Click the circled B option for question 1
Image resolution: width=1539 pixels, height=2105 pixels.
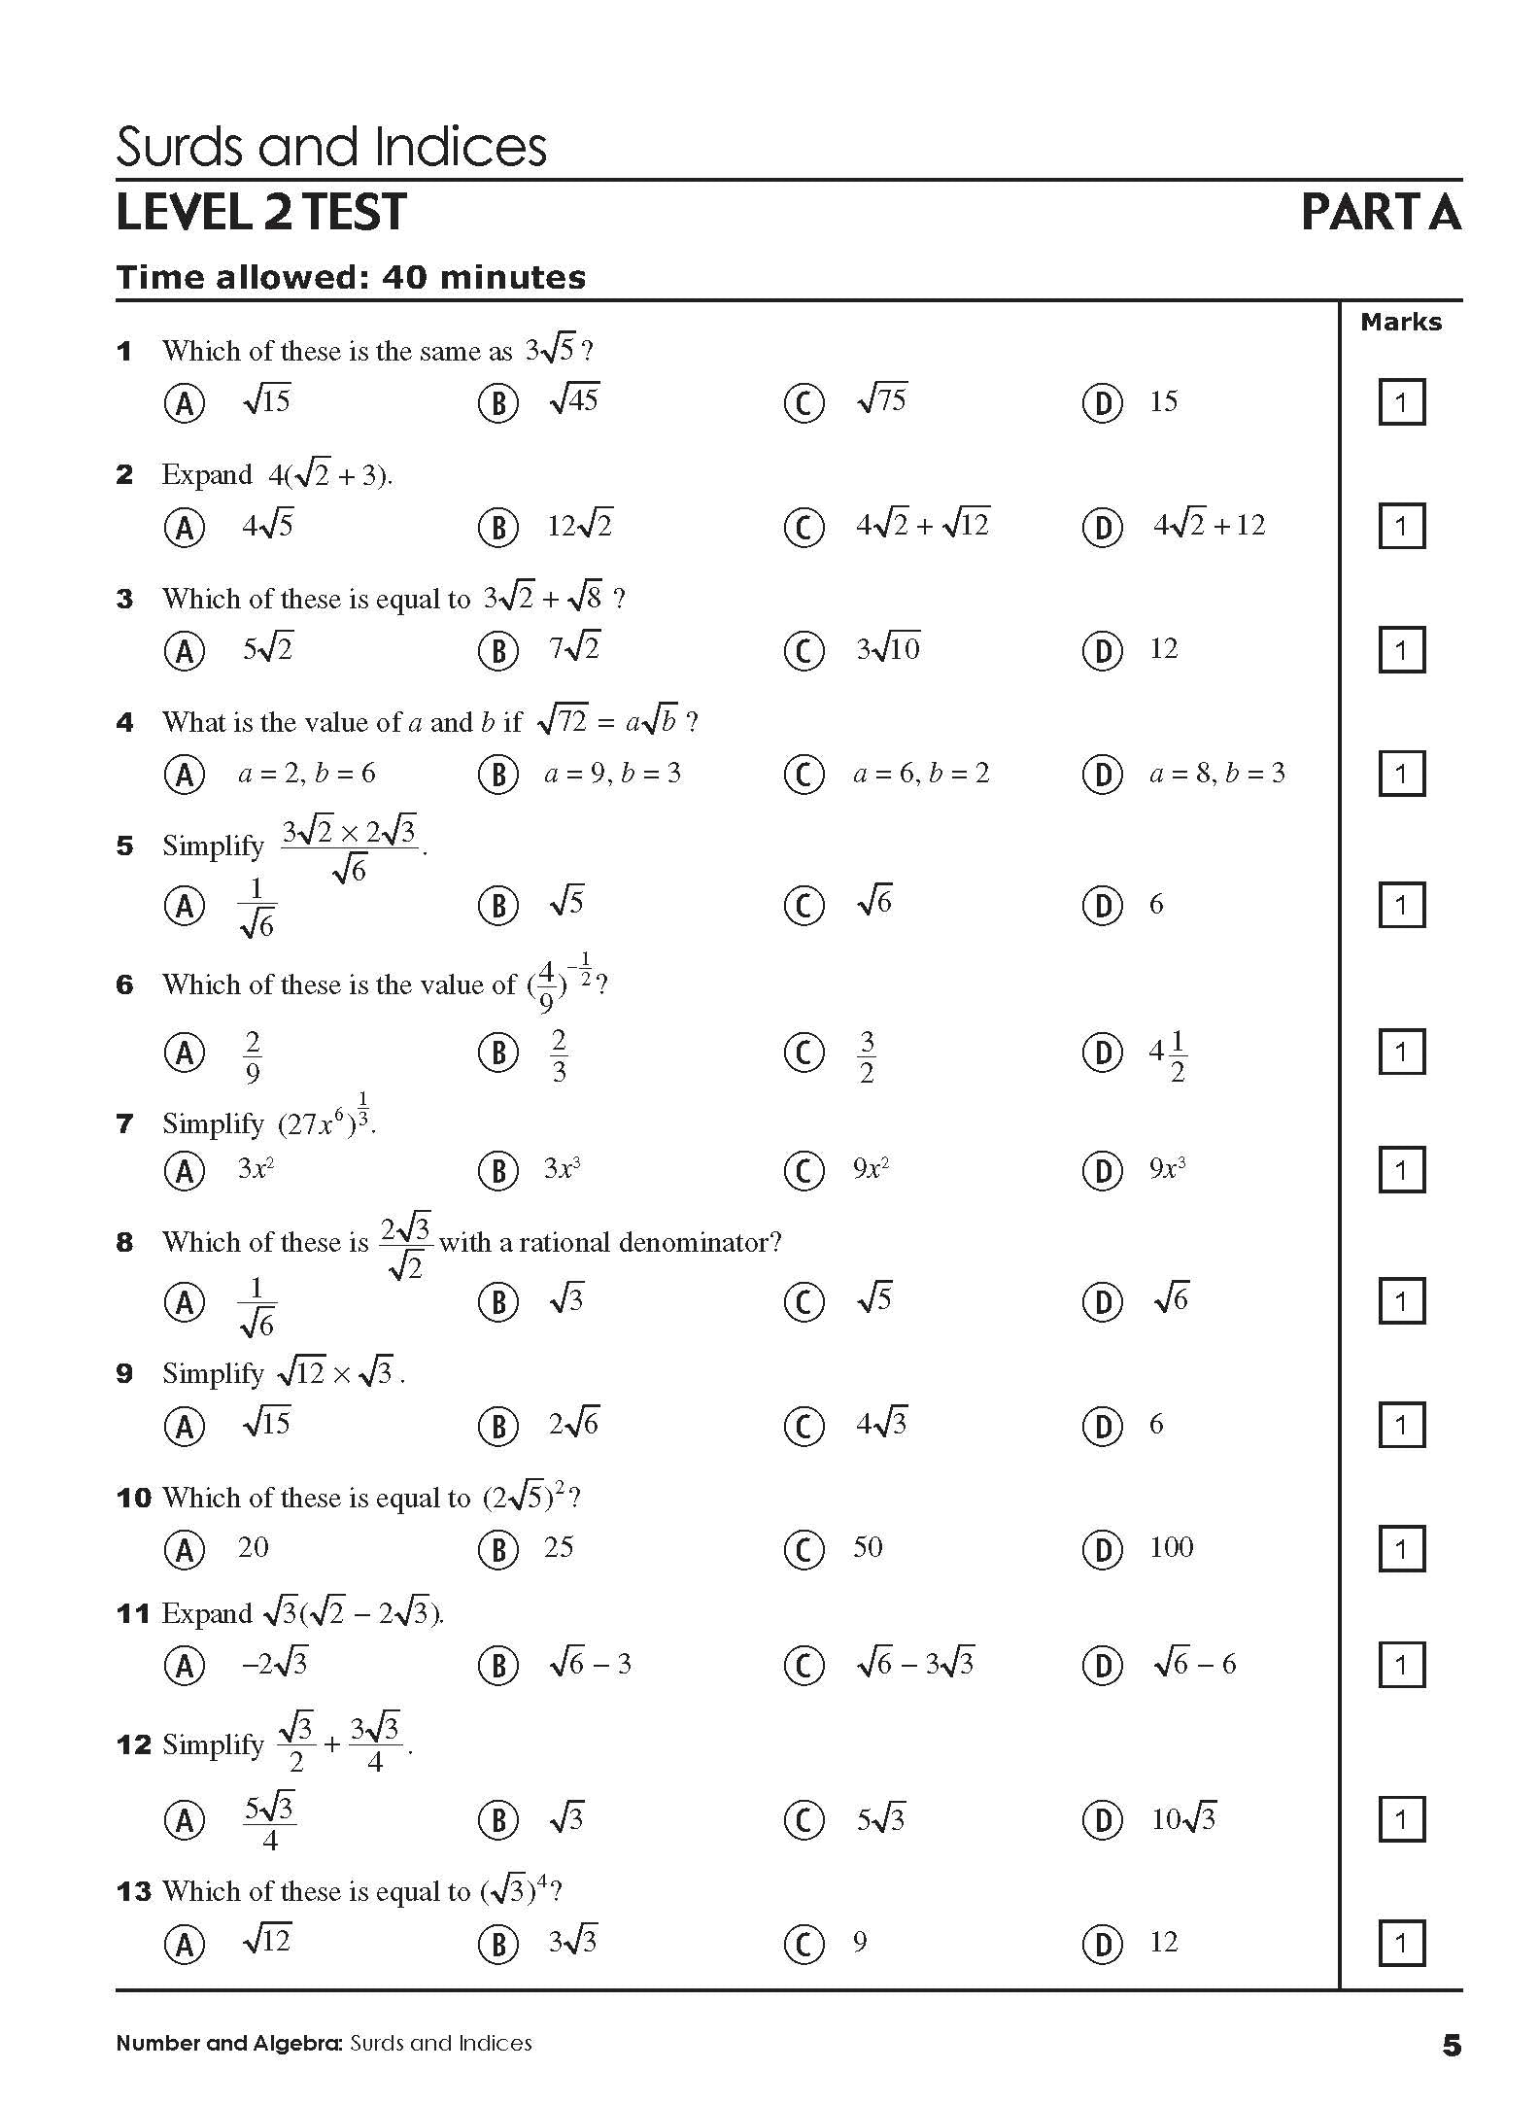pos(497,402)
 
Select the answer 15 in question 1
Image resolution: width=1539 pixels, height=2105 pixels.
pos(1163,401)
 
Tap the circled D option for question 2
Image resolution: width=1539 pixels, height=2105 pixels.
pos(1102,527)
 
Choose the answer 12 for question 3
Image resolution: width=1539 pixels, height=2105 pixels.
pos(1163,648)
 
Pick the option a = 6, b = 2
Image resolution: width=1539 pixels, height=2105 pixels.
pos(920,774)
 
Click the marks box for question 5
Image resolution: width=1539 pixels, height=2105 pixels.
pos(1401,906)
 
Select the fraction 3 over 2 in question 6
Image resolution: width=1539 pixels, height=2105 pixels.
pos(867,1056)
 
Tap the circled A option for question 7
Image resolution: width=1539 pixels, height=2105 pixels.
pos(185,1170)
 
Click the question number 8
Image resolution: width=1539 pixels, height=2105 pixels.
pos(124,1242)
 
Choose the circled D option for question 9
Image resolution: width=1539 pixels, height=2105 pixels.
pos(1102,1426)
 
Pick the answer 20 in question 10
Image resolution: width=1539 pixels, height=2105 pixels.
pos(253,1547)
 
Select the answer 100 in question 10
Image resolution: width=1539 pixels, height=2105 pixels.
pos(1171,1547)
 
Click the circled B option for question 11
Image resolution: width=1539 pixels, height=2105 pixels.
pos(497,1666)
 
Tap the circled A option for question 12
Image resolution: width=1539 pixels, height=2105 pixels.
pos(185,1819)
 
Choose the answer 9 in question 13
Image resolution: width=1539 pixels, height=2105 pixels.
pos(860,1943)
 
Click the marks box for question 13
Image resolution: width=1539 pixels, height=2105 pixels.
pos(1401,1944)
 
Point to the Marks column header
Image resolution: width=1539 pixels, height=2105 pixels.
pos(1401,323)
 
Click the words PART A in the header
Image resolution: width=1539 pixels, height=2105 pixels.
pos(1381,212)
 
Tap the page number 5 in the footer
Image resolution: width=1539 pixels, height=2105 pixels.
pos(1452,2046)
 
